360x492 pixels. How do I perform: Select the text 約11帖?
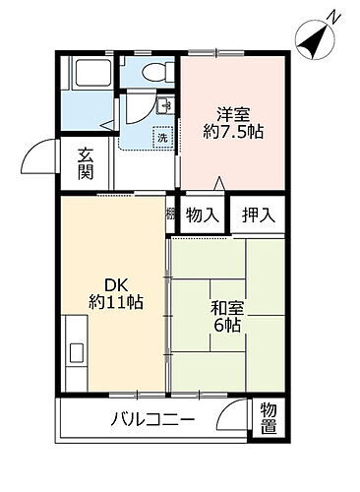coord(116,302)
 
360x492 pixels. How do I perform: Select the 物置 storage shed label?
coord(268,420)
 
